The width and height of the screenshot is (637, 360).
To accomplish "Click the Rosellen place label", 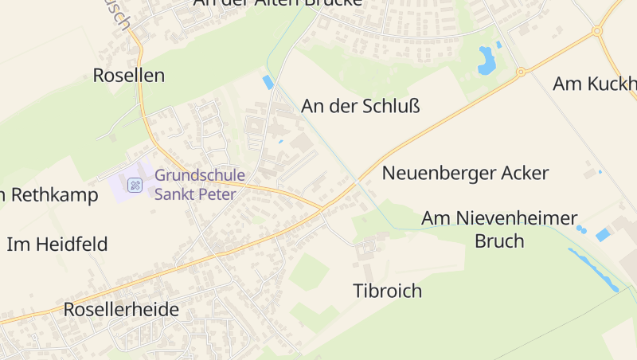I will pyautogui.click(x=128, y=76).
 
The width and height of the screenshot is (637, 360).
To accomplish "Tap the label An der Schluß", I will pyautogui.click(x=360, y=106).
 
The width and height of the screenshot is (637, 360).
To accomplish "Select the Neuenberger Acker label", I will pyautogui.click(x=466, y=173).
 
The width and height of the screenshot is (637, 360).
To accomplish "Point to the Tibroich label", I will pyautogui.click(x=387, y=291).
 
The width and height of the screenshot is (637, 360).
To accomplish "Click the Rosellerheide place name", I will pyautogui.click(x=121, y=310).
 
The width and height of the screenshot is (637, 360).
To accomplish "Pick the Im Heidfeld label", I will pyautogui.click(x=57, y=244).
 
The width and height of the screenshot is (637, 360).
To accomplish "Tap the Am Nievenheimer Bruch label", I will pyautogui.click(x=499, y=229).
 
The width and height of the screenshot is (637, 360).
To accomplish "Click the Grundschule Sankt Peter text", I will pyautogui.click(x=200, y=184).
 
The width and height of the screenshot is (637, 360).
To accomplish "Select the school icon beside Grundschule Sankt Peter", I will pyautogui.click(x=135, y=186).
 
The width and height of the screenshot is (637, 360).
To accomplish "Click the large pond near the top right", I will pyautogui.click(x=486, y=60).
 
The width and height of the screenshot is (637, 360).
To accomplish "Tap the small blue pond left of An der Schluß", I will pyautogui.click(x=268, y=82).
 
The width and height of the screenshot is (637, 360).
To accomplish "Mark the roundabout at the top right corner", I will pyautogui.click(x=596, y=31).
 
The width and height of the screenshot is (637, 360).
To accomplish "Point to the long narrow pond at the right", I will pyautogui.click(x=592, y=268).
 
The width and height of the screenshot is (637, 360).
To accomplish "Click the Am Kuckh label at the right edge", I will pyautogui.click(x=595, y=84).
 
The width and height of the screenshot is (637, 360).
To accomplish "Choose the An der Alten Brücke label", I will pyautogui.click(x=277, y=3).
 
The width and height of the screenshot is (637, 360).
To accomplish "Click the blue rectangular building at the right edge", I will pyautogui.click(x=604, y=235).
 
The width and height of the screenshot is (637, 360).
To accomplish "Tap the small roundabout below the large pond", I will pyautogui.click(x=521, y=72).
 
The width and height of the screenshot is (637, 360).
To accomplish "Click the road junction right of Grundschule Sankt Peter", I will pyautogui.click(x=322, y=209).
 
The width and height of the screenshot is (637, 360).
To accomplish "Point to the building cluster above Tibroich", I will pyautogui.click(x=368, y=249).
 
